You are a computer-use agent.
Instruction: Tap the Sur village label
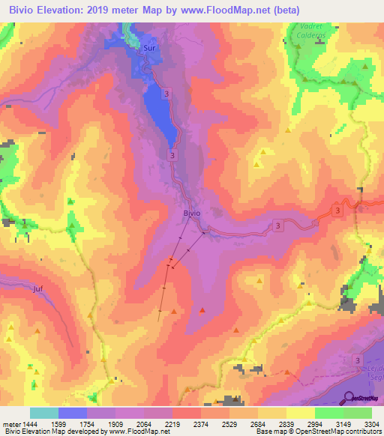149,47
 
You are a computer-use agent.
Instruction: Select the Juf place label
38,288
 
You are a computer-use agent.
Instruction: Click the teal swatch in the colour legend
44,414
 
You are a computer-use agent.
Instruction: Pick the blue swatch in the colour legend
73,414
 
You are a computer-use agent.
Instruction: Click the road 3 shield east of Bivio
277,225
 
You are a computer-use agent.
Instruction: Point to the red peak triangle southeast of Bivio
202,309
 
